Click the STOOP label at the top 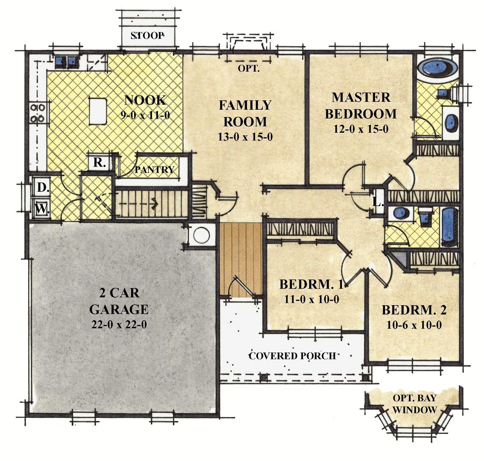(147, 36)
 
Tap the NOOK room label (145, 100)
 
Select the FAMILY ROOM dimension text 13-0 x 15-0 (245, 137)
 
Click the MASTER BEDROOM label (361, 105)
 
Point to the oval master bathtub (437, 67)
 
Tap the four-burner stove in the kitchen (38, 112)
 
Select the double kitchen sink (66, 61)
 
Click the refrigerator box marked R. (98, 163)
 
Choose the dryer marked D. (41, 187)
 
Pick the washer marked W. (41, 209)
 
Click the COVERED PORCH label (292, 356)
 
